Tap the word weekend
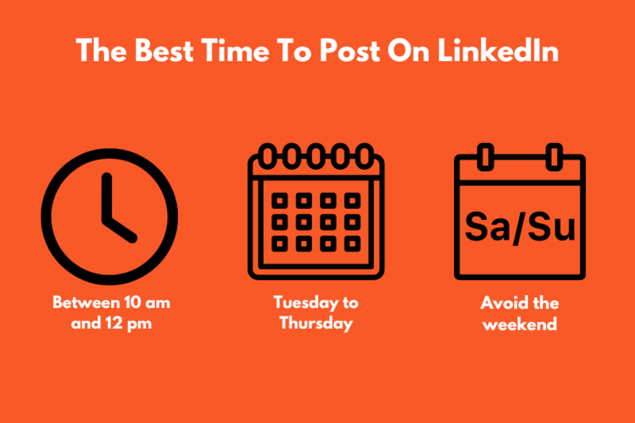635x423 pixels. click(519, 323)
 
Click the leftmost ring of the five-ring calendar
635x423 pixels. click(267, 156)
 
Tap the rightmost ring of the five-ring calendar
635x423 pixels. click(364, 156)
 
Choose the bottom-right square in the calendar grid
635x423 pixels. click(351, 243)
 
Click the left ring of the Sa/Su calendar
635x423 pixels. click(486, 157)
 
